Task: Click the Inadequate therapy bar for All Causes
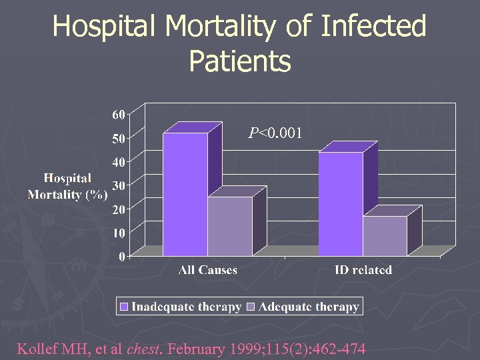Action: pos(185,193)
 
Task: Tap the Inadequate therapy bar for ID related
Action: pos(341,203)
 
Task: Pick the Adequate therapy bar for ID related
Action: pos(385,235)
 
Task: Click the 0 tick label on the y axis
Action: pos(122,256)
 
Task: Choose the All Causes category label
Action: pos(208,270)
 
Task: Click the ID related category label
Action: pos(363,270)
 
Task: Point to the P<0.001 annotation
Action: pos(275,133)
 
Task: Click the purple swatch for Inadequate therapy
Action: pos(124,307)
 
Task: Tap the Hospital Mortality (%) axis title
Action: pos(67,187)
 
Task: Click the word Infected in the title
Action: pos(373,27)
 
